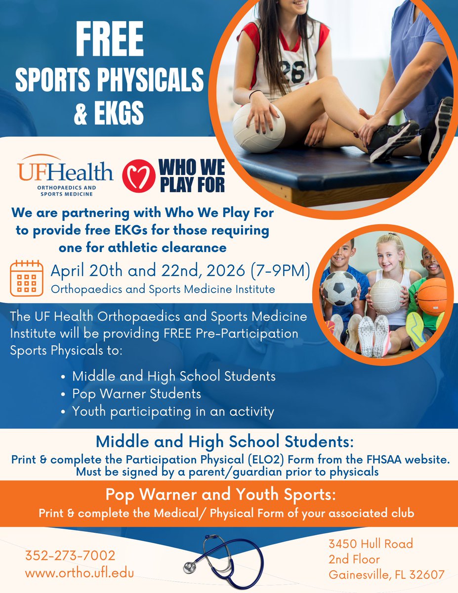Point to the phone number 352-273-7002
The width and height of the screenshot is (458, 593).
click(70, 555)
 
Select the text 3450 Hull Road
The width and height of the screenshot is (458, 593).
click(371, 544)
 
